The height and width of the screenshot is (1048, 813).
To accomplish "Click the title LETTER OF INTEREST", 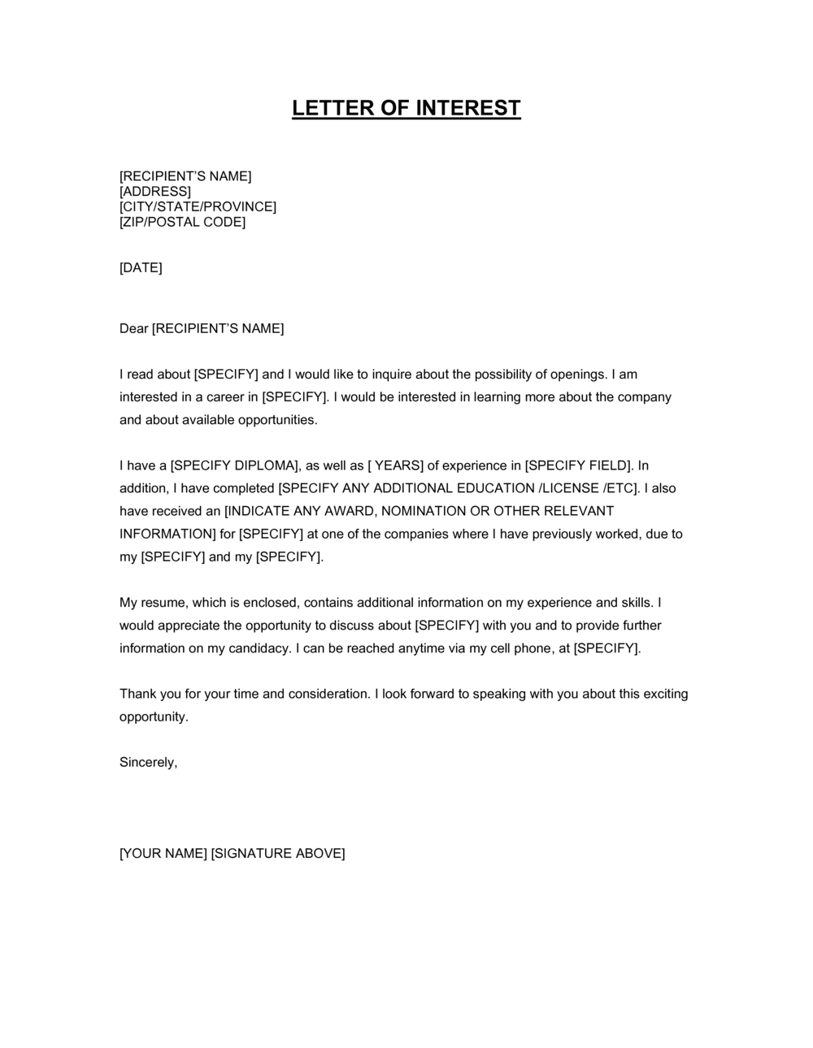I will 406,108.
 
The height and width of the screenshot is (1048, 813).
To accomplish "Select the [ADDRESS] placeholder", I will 155,192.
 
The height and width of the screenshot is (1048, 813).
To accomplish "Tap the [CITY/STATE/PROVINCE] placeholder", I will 198,207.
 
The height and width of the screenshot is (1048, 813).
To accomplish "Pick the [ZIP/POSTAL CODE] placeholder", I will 182,222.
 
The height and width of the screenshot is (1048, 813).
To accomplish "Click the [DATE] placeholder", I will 141,267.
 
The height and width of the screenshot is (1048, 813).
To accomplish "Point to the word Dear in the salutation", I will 133,328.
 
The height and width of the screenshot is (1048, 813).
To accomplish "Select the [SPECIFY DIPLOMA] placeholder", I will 235,466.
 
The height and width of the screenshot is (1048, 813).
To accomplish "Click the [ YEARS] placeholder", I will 396,466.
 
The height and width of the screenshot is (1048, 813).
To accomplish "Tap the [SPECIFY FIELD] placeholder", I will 578,466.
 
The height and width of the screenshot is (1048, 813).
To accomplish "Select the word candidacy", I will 259,648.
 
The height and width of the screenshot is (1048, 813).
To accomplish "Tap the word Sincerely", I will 148,763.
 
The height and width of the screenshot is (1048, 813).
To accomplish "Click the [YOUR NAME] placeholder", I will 163,853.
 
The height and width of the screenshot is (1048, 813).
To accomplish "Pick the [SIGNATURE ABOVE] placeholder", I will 278,853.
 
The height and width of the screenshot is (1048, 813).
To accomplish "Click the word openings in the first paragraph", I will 578,375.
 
